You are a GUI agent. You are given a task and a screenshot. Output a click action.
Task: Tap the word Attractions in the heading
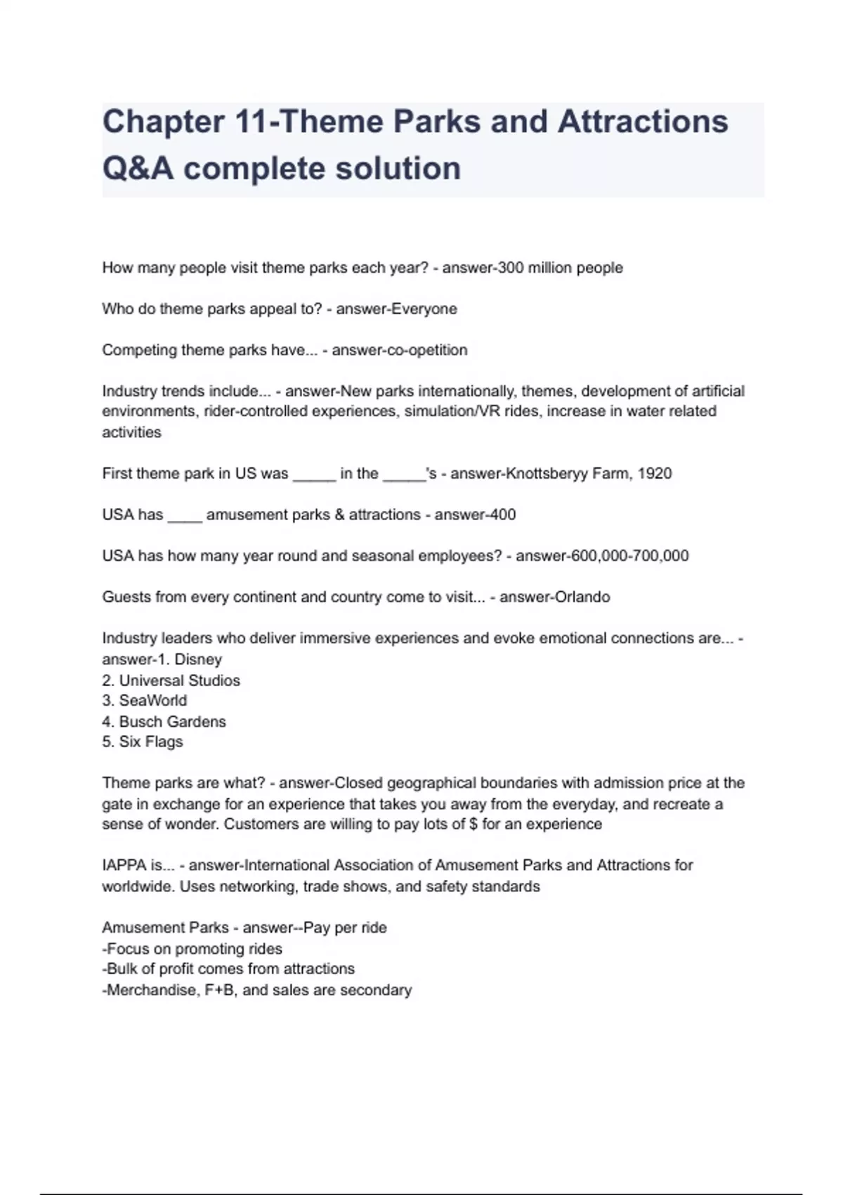tap(643, 122)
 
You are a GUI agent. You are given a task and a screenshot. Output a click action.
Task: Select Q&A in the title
tap(138, 169)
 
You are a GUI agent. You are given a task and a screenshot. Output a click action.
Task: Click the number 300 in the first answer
tap(510, 268)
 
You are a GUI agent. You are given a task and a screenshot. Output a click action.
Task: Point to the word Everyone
tap(424, 309)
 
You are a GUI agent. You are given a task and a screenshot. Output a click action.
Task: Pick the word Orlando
tap(582, 597)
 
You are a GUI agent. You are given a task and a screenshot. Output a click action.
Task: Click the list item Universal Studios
tap(179, 680)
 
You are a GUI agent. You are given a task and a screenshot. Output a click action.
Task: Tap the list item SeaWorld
tap(153, 701)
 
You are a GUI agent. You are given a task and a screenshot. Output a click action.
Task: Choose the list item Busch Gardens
tap(172, 722)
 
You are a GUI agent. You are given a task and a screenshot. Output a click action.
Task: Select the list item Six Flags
tap(150, 742)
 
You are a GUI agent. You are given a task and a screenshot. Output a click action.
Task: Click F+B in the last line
tap(219, 990)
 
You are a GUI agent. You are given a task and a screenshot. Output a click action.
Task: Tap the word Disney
tap(198, 660)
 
